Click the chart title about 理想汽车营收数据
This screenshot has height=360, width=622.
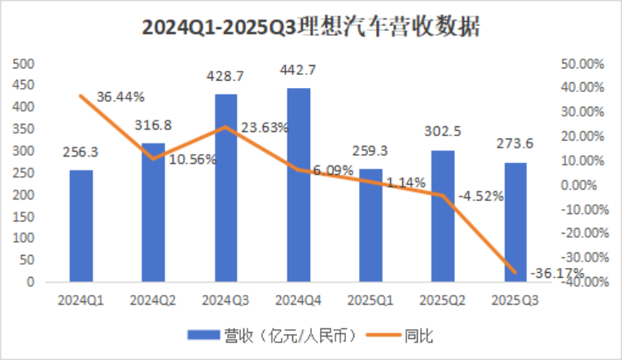tap(311, 28)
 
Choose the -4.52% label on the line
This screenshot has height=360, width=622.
tap(481, 196)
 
